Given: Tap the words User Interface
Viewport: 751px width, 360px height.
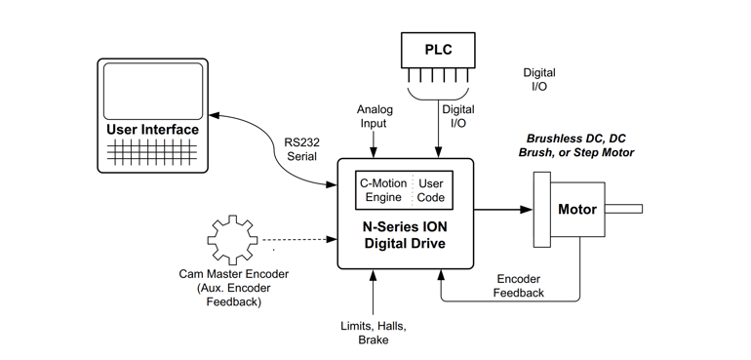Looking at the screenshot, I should (x=153, y=130).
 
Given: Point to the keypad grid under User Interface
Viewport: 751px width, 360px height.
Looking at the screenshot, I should (x=153, y=153).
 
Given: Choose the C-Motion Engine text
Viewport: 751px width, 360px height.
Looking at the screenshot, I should (x=382, y=190).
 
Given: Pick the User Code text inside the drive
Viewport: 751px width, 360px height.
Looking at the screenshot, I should (x=430, y=190).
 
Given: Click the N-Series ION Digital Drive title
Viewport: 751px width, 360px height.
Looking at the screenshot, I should (x=405, y=235).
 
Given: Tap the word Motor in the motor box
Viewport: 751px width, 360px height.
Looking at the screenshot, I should (x=576, y=210).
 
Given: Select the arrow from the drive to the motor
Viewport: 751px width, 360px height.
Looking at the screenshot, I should (x=503, y=209).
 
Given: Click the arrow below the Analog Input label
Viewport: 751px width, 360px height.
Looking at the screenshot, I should (x=373, y=143).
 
